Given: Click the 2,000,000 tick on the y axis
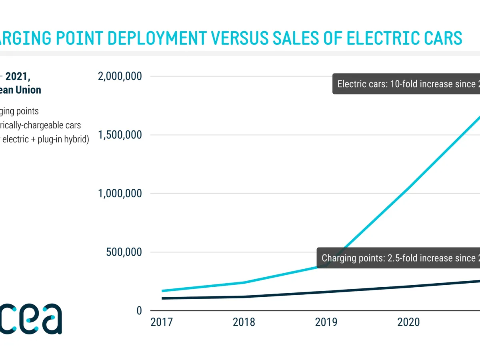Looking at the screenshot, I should coord(120,76).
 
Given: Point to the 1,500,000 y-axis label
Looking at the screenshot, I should coord(120,135).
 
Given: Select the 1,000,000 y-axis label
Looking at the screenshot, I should coord(120,194).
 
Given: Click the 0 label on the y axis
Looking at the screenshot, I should coord(139,311).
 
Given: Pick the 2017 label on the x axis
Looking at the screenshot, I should coord(161,322).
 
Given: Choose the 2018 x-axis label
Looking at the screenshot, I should coord(244,322).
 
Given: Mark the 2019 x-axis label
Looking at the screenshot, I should coord(326,322).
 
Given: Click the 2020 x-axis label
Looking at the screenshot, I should coord(408,322).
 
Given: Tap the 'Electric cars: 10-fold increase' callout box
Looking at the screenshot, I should coord(406,84).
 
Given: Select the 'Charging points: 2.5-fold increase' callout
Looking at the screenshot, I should coord(398,258).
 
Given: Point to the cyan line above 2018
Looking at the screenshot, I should coord(244,282).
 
